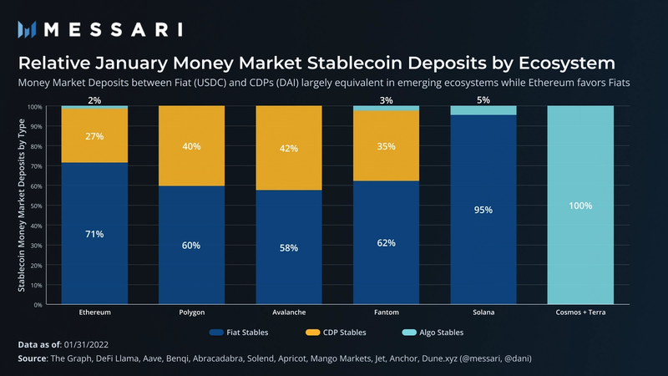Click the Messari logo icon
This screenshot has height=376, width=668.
point(28,29)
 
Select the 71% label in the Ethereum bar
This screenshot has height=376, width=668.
point(94,234)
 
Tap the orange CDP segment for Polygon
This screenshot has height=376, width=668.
point(191,146)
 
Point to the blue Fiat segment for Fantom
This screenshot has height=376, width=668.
point(386,242)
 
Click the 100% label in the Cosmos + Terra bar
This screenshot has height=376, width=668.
point(580,205)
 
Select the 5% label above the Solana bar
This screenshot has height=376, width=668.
point(483,101)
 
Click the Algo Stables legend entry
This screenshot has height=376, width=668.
point(437,333)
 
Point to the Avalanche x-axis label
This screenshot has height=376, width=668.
point(289,312)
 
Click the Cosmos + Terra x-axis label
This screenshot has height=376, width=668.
point(580,312)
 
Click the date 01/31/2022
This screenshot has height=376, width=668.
point(92,344)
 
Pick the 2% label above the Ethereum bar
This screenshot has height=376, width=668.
point(94,101)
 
